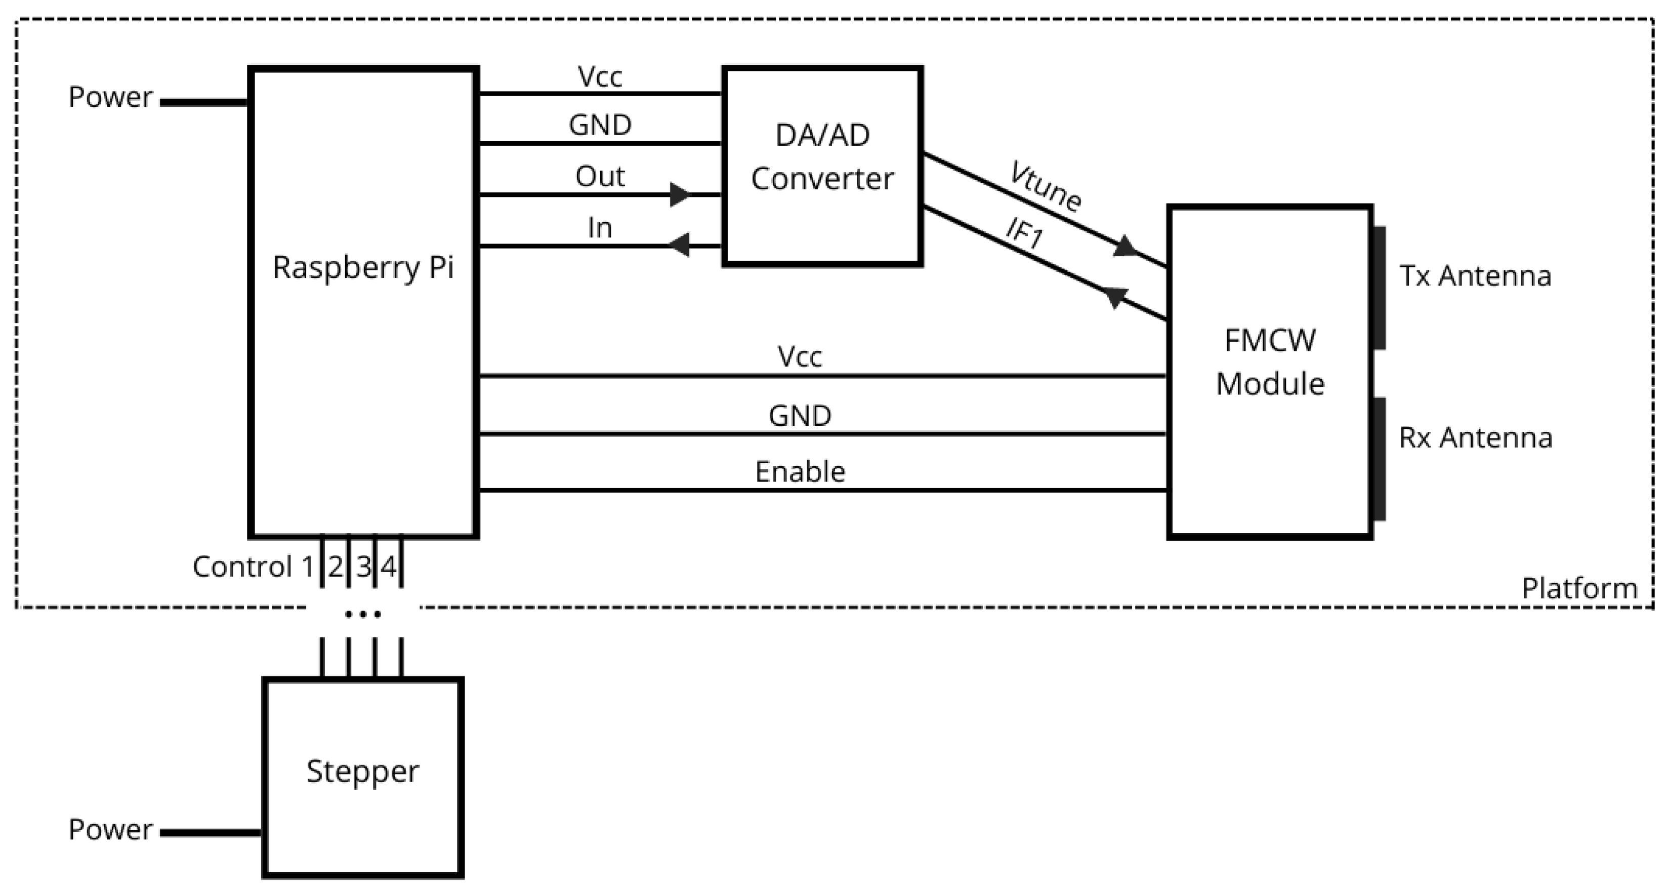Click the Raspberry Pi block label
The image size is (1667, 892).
click(x=363, y=267)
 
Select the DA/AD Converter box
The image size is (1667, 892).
click(x=822, y=166)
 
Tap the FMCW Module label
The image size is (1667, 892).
click(x=1270, y=362)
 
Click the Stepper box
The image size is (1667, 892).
click(x=362, y=777)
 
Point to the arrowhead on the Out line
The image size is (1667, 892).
click(x=680, y=194)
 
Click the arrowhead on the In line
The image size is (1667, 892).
click(x=678, y=246)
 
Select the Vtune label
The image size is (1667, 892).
click(x=1044, y=186)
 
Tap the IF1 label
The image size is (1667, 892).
click(x=1024, y=233)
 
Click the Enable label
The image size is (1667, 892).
click(x=800, y=472)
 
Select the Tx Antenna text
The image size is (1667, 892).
click(x=1475, y=276)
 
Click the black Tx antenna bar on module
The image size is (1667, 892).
click(x=1379, y=288)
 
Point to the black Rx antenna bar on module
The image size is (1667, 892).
click(x=1379, y=459)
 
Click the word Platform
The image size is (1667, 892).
click(x=1579, y=588)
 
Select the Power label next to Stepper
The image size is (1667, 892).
click(x=111, y=830)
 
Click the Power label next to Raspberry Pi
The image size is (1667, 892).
click(x=111, y=97)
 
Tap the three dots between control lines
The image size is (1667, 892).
click(x=362, y=614)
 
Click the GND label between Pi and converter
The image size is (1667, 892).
click(x=600, y=125)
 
